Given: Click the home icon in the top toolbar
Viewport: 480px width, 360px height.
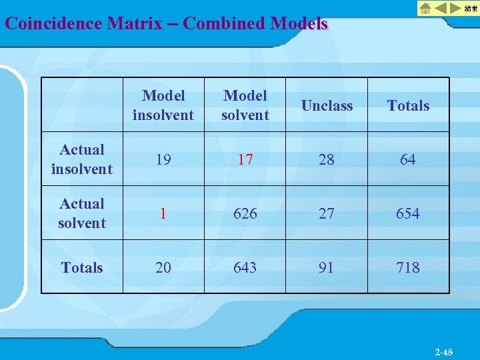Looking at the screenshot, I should pos(425,8).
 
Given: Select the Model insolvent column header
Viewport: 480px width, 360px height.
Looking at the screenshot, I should pos(163,105).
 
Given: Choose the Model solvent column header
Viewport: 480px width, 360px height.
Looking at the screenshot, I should pos(245,105).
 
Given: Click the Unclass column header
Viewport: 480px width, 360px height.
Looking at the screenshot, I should pos(327,105).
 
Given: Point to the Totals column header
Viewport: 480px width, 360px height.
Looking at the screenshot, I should pos(408,105).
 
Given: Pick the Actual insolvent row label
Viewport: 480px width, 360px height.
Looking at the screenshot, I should pos(82,159).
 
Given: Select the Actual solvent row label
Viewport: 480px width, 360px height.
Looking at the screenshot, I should pos(82,213).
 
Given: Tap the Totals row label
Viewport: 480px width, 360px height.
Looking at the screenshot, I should pos(82,267).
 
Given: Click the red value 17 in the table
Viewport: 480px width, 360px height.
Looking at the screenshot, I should pos(245,159).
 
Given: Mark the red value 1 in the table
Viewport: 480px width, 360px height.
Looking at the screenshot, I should pos(163,213).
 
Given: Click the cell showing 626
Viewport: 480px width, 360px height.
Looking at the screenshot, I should pos(245,213).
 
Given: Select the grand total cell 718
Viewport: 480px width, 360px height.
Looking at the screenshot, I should pos(408,267).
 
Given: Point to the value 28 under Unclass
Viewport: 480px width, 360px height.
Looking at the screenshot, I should pos(327,159).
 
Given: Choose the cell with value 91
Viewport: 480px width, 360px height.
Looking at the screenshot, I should pos(327,267).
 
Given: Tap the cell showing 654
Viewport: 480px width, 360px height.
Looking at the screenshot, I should pos(408,213).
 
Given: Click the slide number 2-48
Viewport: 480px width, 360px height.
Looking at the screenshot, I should pos(443,352).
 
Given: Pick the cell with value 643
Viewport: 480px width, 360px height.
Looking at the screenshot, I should pos(245,267).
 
